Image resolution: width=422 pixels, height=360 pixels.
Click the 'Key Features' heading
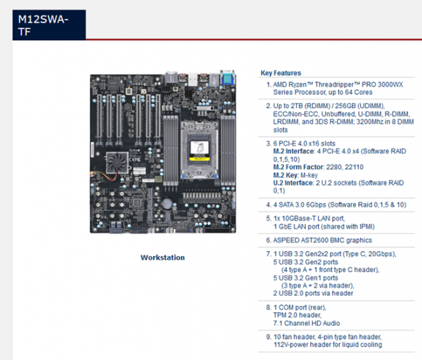click(281, 73)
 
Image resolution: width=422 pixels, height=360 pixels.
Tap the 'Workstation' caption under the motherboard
click(162, 257)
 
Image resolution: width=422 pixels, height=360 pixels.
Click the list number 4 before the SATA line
click(267, 204)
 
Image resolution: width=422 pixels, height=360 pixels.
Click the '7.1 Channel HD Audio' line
click(307, 323)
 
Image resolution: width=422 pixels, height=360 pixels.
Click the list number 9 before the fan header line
click(267, 337)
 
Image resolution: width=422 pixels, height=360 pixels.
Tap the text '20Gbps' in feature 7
click(379, 254)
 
